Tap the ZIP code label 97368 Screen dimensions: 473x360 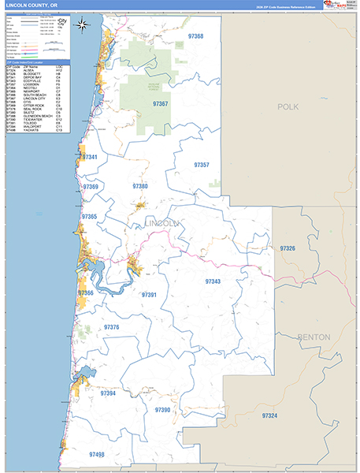click(195, 36)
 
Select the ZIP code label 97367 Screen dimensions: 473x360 click(160, 103)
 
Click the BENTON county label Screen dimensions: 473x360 click(314, 337)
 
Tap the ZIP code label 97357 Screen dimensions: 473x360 click(202, 165)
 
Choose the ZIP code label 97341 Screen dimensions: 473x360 click(90, 158)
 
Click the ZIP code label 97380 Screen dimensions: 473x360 click(140, 186)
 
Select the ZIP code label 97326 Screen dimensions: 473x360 click(287, 248)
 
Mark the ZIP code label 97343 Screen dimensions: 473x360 click(213, 281)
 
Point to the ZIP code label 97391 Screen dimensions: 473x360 click(149, 295)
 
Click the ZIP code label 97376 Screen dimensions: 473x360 click(111, 326)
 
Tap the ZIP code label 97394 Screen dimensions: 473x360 click(108, 393)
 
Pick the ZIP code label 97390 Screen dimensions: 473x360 click(162, 410)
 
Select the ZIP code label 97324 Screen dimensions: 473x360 click(269, 415)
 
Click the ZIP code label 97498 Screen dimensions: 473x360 click(97, 454)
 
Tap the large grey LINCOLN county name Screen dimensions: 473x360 click(161, 225)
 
